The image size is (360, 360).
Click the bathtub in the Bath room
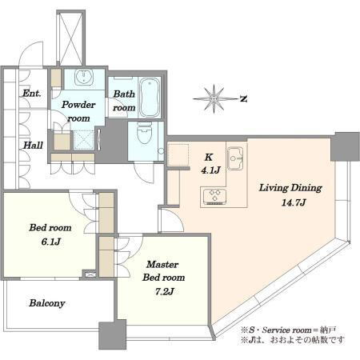tap(150, 98)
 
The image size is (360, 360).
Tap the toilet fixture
tap(144, 133)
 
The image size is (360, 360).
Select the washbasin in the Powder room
tap(84, 78)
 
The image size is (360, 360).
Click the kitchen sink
tap(235, 158)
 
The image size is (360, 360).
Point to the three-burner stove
tap(214, 197)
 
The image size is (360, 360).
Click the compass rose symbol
tap(214, 99)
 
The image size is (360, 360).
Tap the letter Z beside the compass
tap(243, 99)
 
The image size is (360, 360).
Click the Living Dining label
tap(290, 188)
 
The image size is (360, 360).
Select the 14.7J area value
tap(294, 202)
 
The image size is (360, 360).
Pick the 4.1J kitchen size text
tap(210, 170)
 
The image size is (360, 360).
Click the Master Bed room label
tap(163, 271)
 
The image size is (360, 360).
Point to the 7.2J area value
tap(164, 291)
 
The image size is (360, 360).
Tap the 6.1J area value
tap(50, 242)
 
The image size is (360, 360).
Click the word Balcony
tap(47, 303)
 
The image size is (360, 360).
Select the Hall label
tap(33, 146)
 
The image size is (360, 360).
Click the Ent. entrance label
tap(32, 94)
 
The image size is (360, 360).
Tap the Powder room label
tap(78, 111)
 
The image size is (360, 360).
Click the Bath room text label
tap(124, 101)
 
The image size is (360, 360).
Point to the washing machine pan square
tap(84, 140)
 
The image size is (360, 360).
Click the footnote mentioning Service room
tap(288, 330)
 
